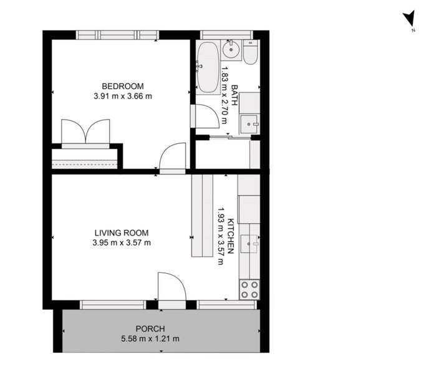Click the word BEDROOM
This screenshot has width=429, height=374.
click(123, 86)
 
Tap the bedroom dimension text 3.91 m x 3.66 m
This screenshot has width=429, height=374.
click(123, 96)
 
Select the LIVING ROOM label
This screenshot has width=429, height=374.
click(122, 233)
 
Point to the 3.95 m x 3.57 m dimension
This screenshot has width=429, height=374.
click(122, 242)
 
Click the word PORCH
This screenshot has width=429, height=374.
click(150, 328)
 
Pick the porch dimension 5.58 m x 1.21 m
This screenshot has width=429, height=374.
click(150, 339)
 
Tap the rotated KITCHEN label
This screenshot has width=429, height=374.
click(231, 236)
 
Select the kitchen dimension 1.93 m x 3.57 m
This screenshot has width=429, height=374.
click(220, 236)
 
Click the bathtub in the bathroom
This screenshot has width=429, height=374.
click(208, 67)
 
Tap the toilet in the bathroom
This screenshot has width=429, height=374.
click(250, 53)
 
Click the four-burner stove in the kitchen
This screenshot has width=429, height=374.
click(249, 289)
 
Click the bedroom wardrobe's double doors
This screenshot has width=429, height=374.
click(85, 133)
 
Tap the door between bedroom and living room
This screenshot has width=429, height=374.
click(172, 158)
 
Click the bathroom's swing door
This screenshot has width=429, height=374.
click(206, 117)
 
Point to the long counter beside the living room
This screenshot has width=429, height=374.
click(202, 215)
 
